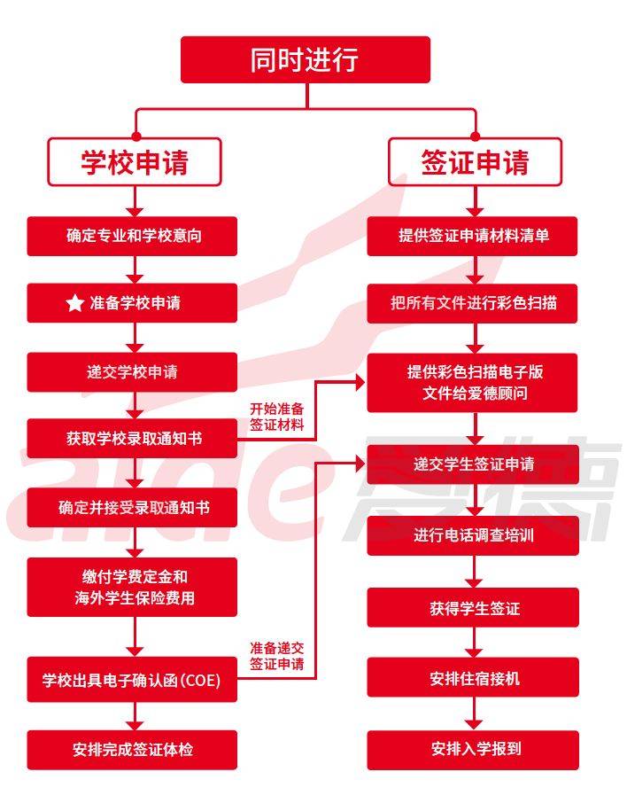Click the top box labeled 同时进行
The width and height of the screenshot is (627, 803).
click(x=305, y=59)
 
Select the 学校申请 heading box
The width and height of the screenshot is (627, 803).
click(x=135, y=162)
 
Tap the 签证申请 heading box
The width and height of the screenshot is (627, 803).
click(x=474, y=162)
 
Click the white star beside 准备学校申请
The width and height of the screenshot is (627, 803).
click(x=74, y=304)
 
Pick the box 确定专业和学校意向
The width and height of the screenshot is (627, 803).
click(x=132, y=236)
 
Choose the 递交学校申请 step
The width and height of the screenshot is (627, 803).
click(x=132, y=371)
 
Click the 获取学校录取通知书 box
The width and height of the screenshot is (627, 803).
click(x=132, y=439)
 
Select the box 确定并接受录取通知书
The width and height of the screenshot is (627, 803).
click(x=132, y=508)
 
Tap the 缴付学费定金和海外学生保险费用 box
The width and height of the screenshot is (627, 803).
click(x=132, y=587)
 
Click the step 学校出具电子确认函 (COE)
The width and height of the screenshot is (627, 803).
click(x=132, y=682)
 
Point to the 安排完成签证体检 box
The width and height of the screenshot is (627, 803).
click(x=132, y=749)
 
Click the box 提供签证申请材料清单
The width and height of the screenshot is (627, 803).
click(x=473, y=236)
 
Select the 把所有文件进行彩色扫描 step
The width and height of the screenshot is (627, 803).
click(x=473, y=303)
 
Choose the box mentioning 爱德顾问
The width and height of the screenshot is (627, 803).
click(x=473, y=382)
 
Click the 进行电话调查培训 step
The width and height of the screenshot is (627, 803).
click(x=473, y=535)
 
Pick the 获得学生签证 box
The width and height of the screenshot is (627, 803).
click(x=473, y=608)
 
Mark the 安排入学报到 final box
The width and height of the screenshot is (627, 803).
click(x=473, y=749)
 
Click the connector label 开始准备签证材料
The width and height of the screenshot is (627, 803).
click(x=276, y=417)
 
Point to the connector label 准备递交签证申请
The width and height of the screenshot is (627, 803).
click(x=276, y=656)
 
